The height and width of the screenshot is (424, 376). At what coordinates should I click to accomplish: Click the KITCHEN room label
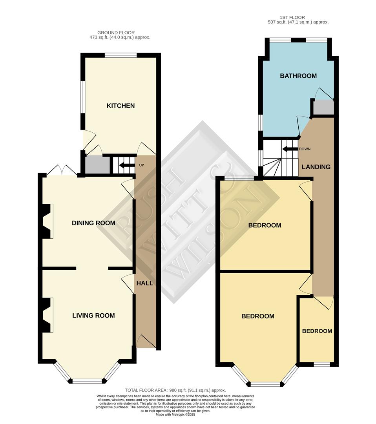pyautogui.click(x=120, y=106)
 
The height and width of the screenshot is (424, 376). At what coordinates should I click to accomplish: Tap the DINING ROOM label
pyautogui.click(x=93, y=223)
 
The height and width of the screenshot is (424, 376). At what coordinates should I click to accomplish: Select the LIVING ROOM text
pyautogui.click(x=93, y=315)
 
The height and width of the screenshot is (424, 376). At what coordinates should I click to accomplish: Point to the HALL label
pyautogui.click(x=144, y=283)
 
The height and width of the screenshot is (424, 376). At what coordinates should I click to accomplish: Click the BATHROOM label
pyautogui.click(x=298, y=76)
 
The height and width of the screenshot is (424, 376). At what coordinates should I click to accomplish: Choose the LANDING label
pyautogui.click(x=316, y=167)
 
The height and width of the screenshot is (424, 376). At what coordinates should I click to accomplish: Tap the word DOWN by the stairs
pyautogui.click(x=304, y=149)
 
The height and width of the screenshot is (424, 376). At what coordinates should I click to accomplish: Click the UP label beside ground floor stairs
pyautogui.click(x=142, y=165)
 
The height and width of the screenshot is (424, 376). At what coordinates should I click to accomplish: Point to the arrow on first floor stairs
pyautogui.click(x=290, y=149)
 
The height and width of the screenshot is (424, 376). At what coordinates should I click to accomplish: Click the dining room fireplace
pyautogui.click(x=46, y=221)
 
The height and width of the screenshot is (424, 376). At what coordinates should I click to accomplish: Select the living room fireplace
pyautogui.click(x=46, y=315)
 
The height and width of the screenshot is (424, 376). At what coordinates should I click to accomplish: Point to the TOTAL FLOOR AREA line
pyautogui.click(x=175, y=390)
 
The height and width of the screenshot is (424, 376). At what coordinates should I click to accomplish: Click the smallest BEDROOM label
pyautogui.click(x=317, y=331)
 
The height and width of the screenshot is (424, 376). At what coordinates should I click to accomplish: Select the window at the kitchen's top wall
pyautogui.click(x=120, y=55)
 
